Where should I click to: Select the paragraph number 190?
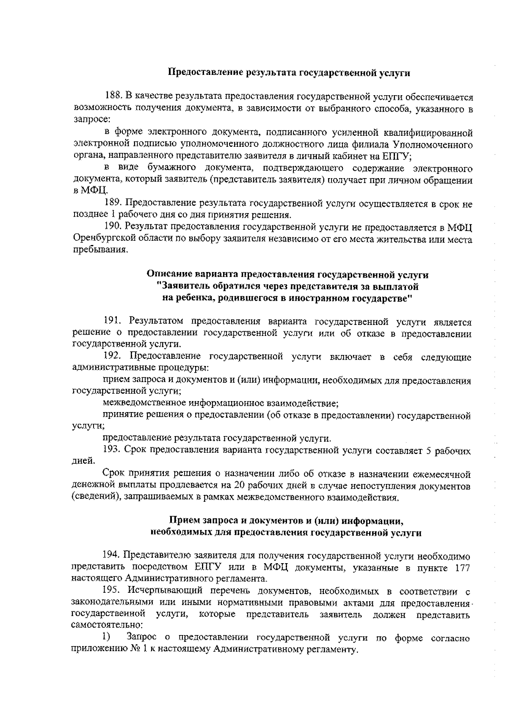click(x=113, y=228)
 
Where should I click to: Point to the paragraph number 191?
click(x=113, y=322)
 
